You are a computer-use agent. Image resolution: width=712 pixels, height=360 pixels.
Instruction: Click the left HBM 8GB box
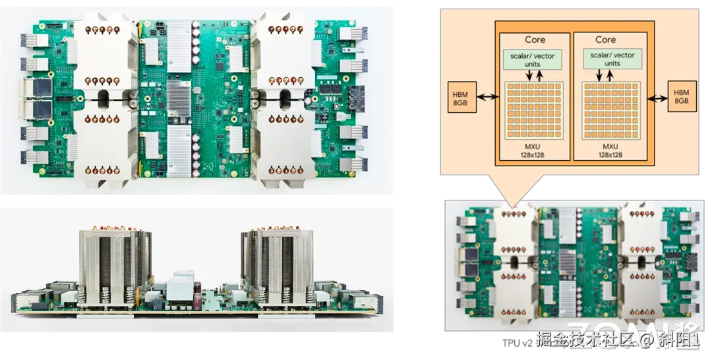pyautogui.click(x=459, y=97)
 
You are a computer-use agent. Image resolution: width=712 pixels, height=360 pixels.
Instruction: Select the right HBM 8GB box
pyautogui.click(x=680, y=97)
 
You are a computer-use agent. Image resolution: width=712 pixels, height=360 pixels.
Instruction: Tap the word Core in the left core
pyautogui.click(x=535, y=40)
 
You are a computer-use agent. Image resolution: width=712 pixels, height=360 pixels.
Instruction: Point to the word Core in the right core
pyautogui.click(x=605, y=40)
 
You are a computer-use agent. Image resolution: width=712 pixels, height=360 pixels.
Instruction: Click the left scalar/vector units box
pyautogui.click(x=535, y=60)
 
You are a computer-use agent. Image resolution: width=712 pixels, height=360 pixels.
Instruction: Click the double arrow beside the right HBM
pyautogui.click(x=655, y=98)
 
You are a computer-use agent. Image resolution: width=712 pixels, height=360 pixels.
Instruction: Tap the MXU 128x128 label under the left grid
pyautogui.click(x=535, y=148)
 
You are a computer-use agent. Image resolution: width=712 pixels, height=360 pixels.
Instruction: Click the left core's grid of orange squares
pyautogui.click(x=535, y=110)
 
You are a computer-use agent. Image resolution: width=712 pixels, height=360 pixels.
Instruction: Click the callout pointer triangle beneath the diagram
pyautogui.click(x=516, y=189)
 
